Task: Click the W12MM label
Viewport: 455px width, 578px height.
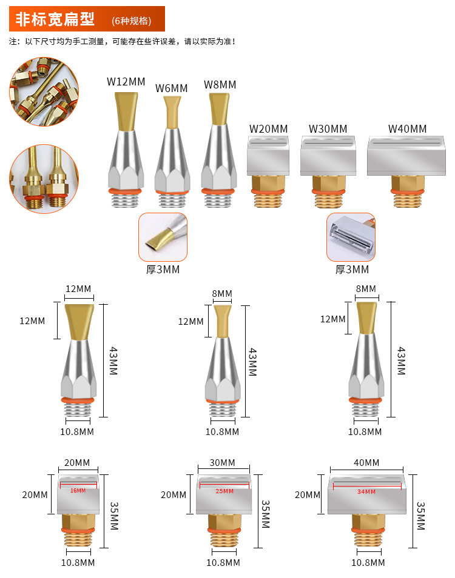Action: tap(126, 81)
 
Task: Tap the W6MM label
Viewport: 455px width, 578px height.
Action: tap(171, 88)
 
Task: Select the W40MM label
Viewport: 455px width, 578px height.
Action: tap(408, 129)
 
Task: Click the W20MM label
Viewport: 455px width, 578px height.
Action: tap(268, 129)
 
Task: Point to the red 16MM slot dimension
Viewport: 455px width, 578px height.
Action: tap(78, 491)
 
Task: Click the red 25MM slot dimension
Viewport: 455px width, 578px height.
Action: tap(224, 491)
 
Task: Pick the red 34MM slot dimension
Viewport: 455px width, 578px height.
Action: tap(366, 492)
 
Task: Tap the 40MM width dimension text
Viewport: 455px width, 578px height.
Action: tap(366, 463)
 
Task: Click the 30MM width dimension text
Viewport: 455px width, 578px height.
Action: tap(222, 463)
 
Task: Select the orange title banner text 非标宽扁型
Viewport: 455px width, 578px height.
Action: tap(55, 19)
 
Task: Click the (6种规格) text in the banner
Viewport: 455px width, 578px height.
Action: tap(132, 21)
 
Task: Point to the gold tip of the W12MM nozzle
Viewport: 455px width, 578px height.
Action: tap(126, 111)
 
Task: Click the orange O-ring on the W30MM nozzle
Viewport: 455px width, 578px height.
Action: tap(328, 191)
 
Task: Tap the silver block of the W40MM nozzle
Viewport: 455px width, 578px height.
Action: tap(406, 156)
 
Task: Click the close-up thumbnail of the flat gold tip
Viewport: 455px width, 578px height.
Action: tap(163, 237)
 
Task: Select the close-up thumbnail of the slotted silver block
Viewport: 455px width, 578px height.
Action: tap(351, 237)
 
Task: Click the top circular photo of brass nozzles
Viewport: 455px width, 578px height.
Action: tap(44, 91)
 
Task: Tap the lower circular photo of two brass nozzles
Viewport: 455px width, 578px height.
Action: tap(44, 179)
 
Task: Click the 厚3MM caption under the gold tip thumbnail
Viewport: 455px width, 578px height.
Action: tap(163, 270)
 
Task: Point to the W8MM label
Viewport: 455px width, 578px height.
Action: tap(220, 85)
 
